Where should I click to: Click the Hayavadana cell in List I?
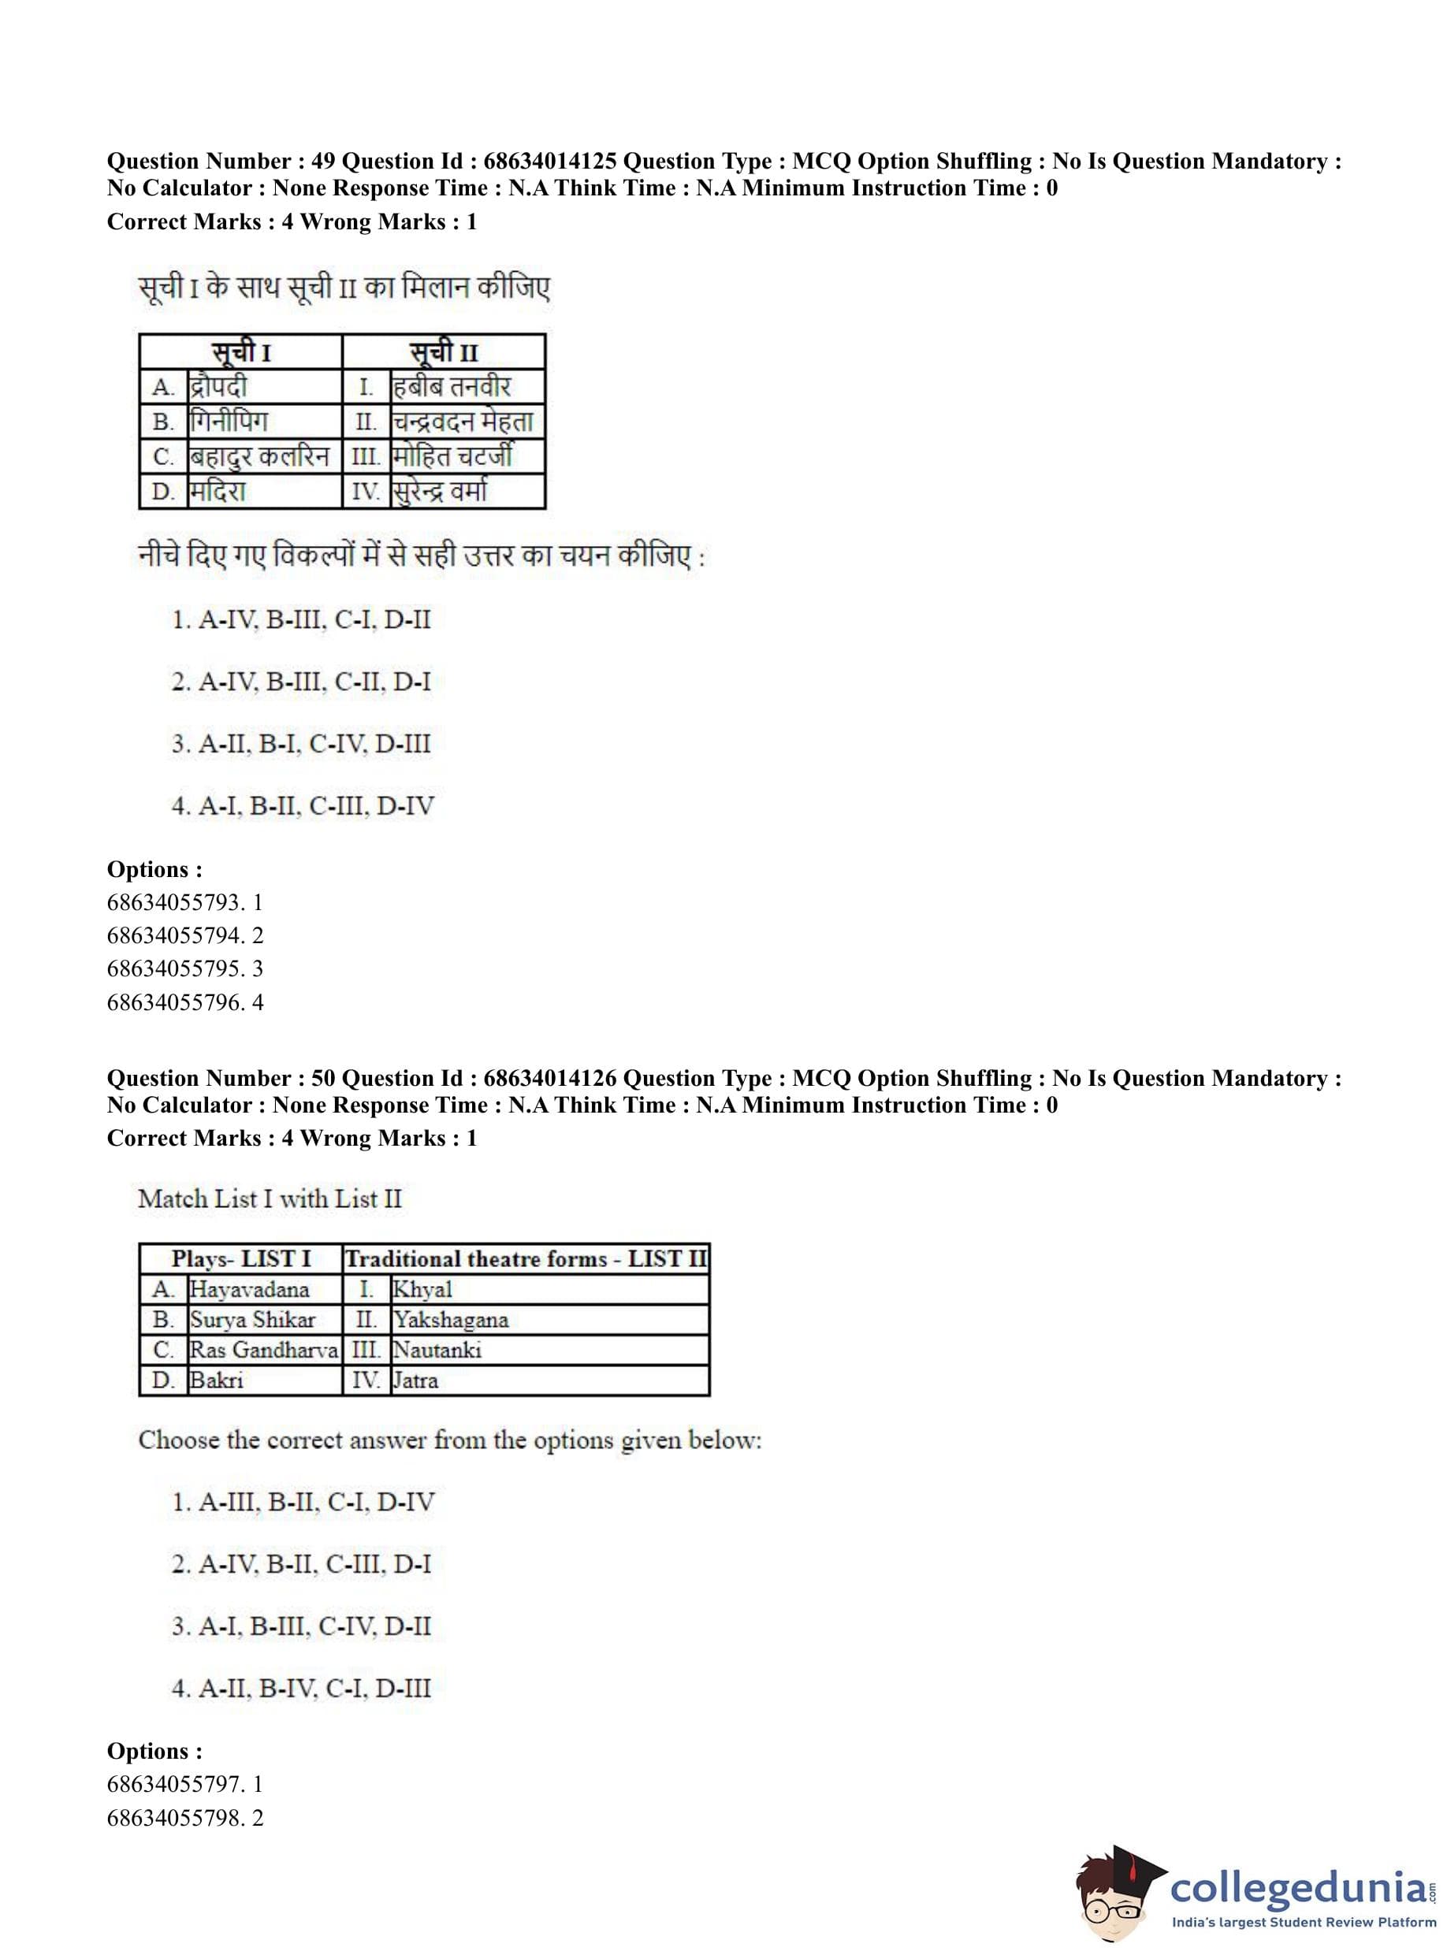[250, 1289]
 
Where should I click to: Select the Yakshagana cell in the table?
[450, 1320]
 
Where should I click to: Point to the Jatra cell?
[415, 1380]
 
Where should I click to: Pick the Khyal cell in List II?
[422, 1289]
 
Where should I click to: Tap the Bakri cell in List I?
[217, 1380]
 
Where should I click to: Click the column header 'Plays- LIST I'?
[241, 1258]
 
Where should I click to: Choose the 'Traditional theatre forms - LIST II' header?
[526, 1258]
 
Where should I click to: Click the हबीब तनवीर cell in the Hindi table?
[451, 386]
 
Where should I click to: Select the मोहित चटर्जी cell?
[452, 456]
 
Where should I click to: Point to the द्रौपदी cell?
[219, 386]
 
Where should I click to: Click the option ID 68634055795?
[173, 968]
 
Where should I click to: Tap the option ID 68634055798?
[173, 1818]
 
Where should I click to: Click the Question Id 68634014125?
[549, 161]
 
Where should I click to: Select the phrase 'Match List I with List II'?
[270, 1198]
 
